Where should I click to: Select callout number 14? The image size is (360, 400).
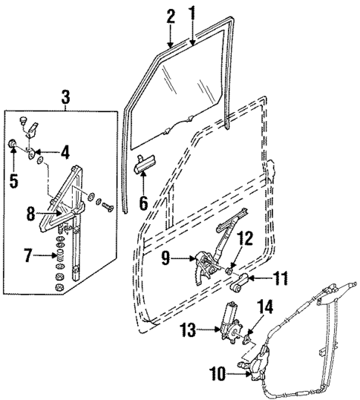265,306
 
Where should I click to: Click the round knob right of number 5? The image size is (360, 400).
14,142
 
